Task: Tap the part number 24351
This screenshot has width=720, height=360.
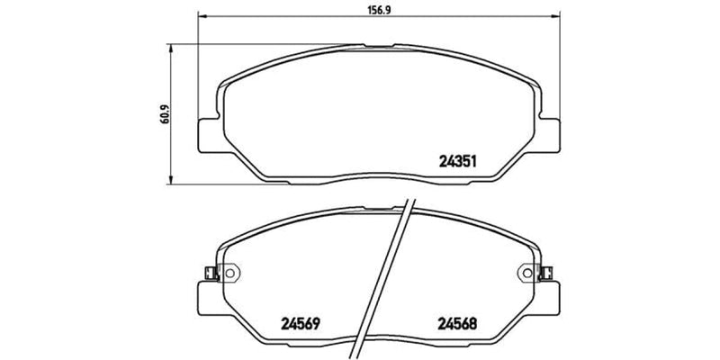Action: point(456,163)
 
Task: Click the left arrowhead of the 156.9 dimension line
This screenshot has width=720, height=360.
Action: point(201,17)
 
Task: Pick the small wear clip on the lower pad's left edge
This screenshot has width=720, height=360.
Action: point(209,273)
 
